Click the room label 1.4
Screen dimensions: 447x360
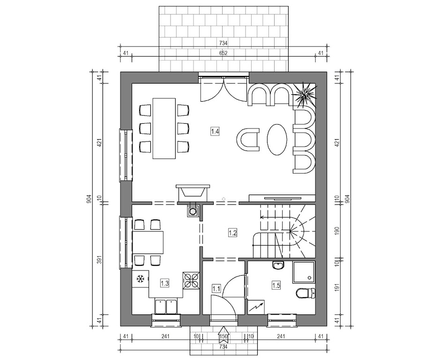point(215,132)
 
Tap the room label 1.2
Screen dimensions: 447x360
point(232,233)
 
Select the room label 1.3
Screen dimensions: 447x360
point(164,284)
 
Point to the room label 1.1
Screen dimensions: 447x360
point(216,289)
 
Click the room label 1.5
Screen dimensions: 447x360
point(276,285)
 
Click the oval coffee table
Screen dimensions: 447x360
point(277,139)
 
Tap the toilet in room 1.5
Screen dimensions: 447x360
point(305,293)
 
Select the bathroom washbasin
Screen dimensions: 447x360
point(278,266)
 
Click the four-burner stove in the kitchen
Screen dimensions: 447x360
point(191,280)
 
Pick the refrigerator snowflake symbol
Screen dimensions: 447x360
point(140,279)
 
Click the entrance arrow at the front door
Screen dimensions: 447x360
point(223,334)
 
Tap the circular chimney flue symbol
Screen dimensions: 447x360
point(194,211)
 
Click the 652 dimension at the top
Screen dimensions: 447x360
point(223,53)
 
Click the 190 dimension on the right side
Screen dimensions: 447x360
point(337,231)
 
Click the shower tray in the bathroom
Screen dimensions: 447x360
point(303,272)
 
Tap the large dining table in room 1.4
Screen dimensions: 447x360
point(164,128)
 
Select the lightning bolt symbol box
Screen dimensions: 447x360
point(256,307)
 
